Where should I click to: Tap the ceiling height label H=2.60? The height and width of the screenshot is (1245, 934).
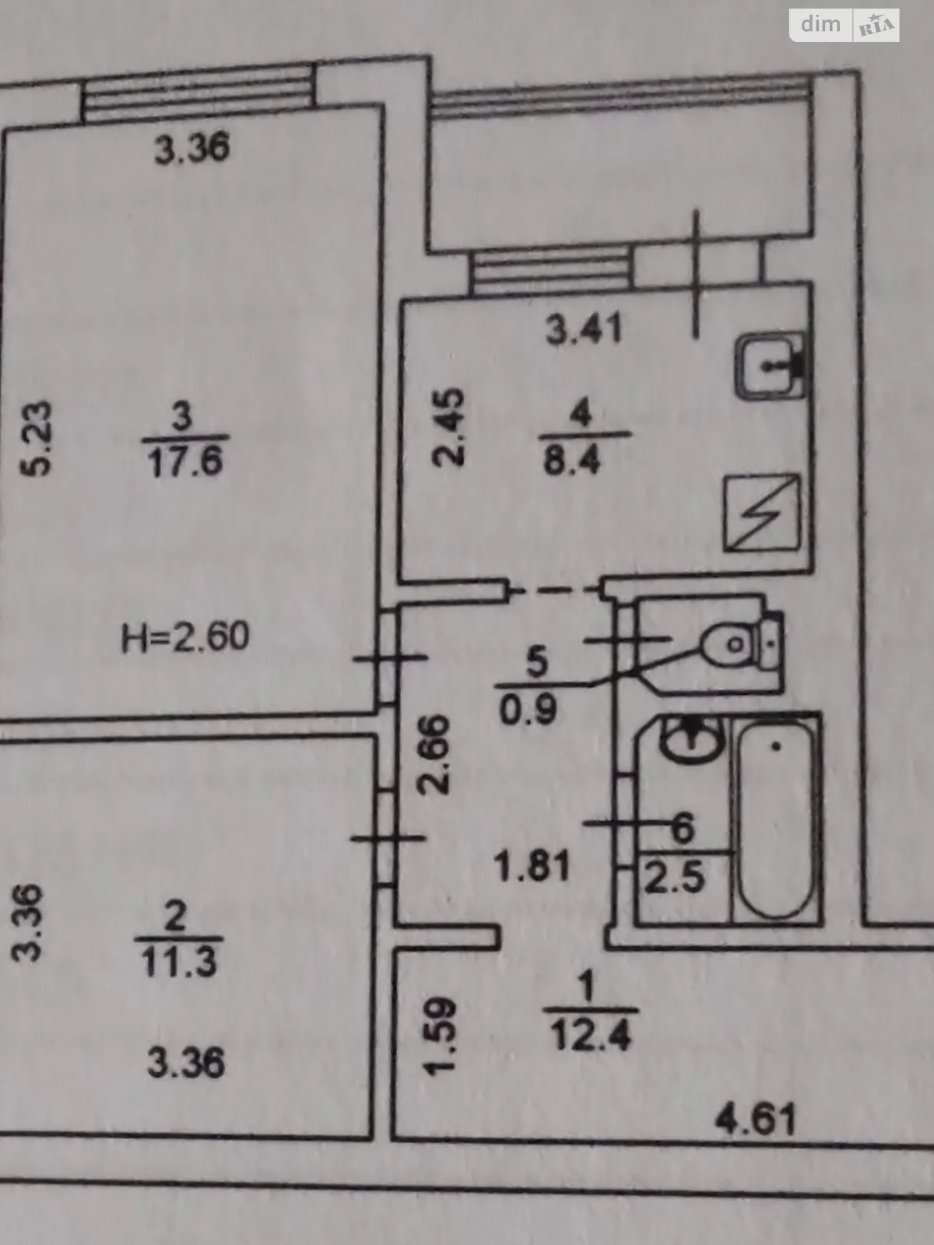click(185, 636)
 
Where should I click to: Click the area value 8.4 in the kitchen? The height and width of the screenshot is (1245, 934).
click(571, 461)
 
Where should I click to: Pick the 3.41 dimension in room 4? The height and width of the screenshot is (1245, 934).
click(584, 330)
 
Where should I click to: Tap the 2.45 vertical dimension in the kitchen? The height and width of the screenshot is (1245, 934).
click(448, 427)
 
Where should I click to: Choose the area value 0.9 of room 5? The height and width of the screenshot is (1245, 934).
click(528, 709)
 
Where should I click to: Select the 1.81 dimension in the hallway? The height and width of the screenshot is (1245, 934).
click(532, 868)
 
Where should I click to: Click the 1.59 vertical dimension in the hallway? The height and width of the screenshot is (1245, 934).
click(440, 1036)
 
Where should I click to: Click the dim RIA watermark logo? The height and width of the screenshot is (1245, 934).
click(844, 26)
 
